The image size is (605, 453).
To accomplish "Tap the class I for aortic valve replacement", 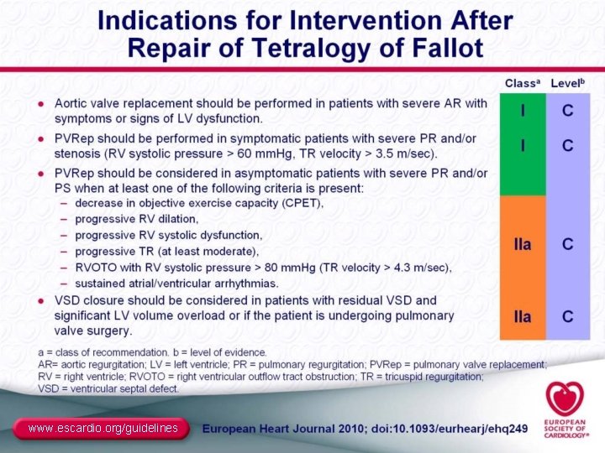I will [x=523, y=111].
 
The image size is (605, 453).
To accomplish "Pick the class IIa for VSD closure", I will [x=523, y=316].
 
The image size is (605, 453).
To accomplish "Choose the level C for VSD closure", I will [x=569, y=316].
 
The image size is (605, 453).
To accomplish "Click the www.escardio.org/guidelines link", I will [x=103, y=429].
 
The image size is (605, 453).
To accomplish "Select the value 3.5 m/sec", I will [x=404, y=154].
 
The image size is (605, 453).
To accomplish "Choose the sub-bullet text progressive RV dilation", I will [x=136, y=219].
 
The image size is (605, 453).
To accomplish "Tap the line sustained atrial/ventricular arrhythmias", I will [x=176, y=284].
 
